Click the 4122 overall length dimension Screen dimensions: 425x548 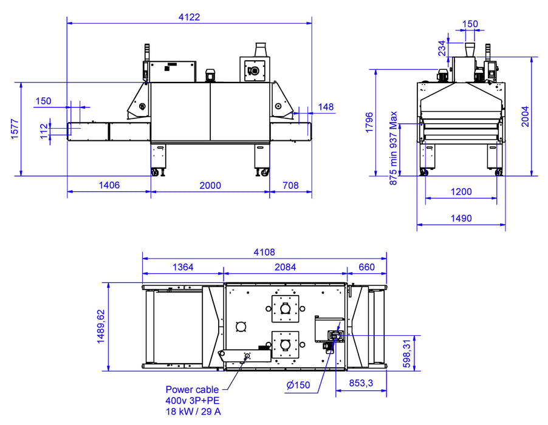[189, 17]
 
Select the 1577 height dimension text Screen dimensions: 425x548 [16, 129]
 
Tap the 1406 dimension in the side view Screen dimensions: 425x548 [107, 185]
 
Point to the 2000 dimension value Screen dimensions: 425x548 [210, 185]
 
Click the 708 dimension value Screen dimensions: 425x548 [291, 185]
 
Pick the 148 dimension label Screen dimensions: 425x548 [326, 107]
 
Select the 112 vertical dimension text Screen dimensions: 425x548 [44, 131]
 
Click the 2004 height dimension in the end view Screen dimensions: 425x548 [526, 117]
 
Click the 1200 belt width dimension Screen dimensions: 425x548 [461, 192]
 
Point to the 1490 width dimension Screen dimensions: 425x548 [461, 218]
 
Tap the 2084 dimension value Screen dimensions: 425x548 [285, 267]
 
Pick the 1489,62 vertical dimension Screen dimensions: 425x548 [101, 326]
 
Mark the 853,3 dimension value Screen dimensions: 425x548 [361, 382]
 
